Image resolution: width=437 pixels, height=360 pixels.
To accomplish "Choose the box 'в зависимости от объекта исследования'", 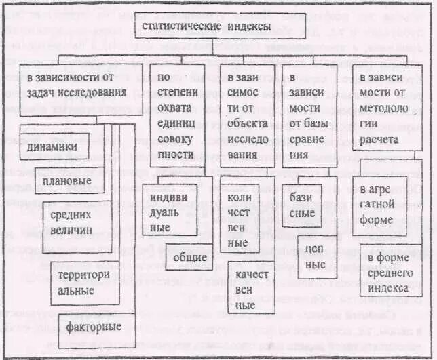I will tap(245, 116).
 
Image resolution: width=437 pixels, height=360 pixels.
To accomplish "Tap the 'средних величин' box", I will tap(76, 221).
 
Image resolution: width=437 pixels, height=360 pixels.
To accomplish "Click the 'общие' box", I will tap(189, 258).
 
